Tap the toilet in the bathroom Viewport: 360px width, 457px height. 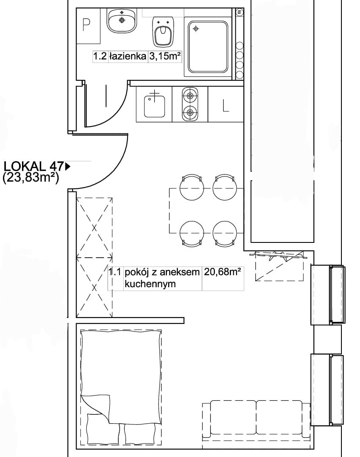pyautogui.click(x=163, y=32)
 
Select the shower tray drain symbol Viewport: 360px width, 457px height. pyautogui.click(x=196, y=29)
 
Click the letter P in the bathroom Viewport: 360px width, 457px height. pyautogui.click(x=86, y=25)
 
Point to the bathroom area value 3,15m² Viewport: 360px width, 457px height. pyautogui.click(x=165, y=56)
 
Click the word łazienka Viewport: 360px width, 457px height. pyautogui.click(x=128, y=56)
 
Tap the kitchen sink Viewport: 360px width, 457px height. pyautogui.click(x=154, y=104)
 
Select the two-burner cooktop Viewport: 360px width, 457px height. pyautogui.click(x=190, y=104)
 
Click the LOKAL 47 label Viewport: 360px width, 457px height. pyautogui.click(x=33, y=166)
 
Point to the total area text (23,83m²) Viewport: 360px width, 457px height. pyautogui.click(x=30, y=177)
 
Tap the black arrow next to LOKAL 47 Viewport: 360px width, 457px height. pyautogui.click(x=68, y=166)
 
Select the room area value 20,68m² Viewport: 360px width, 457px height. pyautogui.click(x=222, y=272)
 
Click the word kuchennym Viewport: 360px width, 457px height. pyautogui.click(x=150, y=284)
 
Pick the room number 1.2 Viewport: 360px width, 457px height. pyautogui.click(x=100, y=56)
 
